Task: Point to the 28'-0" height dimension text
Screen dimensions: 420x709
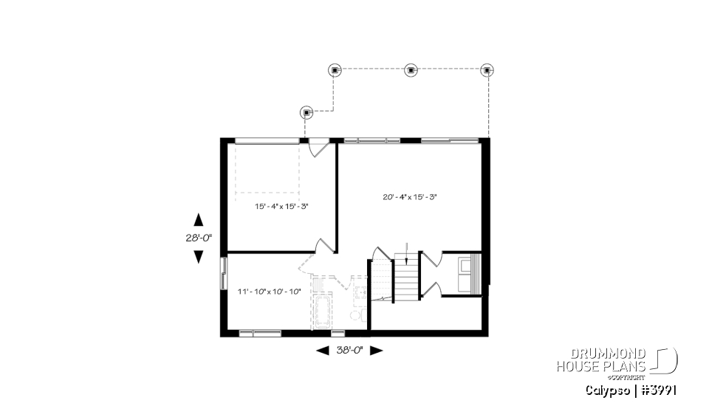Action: point(198,238)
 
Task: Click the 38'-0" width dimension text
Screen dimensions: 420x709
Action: point(349,351)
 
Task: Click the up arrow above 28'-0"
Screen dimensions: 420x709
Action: point(198,219)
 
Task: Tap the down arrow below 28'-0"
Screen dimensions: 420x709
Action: point(198,256)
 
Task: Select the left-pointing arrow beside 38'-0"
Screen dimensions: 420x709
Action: point(322,351)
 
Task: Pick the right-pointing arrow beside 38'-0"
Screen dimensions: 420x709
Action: point(376,351)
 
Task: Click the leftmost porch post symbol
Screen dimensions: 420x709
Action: point(307,112)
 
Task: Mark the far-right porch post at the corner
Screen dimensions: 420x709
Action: point(487,70)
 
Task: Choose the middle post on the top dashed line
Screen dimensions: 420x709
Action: point(411,70)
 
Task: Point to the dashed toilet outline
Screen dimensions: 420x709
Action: point(354,315)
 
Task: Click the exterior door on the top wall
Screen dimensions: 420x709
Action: point(318,145)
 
